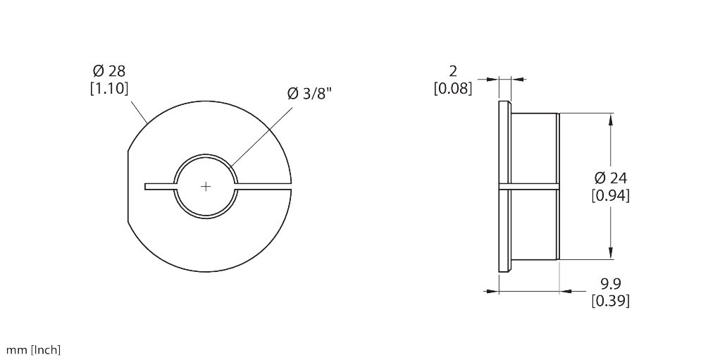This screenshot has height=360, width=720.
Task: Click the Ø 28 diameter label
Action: (108, 71)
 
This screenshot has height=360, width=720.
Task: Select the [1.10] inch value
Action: (108, 88)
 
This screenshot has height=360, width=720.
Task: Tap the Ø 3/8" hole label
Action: (309, 93)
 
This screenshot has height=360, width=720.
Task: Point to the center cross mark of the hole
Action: (206, 187)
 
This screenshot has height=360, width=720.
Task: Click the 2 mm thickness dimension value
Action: (453, 71)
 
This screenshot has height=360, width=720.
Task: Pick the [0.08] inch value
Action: (453, 88)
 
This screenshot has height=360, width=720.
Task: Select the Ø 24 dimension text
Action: (610, 178)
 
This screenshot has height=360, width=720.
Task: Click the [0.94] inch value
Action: (610, 196)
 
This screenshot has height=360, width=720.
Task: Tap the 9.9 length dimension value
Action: (610, 283)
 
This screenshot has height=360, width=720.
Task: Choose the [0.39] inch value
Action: (610, 301)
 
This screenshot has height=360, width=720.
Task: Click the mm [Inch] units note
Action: (33, 350)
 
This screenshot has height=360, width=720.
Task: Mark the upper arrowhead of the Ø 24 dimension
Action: (611, 119)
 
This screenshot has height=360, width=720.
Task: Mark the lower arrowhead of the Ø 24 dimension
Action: (611, 253)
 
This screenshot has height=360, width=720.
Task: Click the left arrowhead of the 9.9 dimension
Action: (492, 291)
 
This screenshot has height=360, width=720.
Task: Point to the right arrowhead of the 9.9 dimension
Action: (566, 291)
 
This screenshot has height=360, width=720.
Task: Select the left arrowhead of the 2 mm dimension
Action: (492, 80)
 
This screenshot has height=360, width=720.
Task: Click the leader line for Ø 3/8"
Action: (261, 137)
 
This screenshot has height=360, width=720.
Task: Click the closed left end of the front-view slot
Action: (145, 187)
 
